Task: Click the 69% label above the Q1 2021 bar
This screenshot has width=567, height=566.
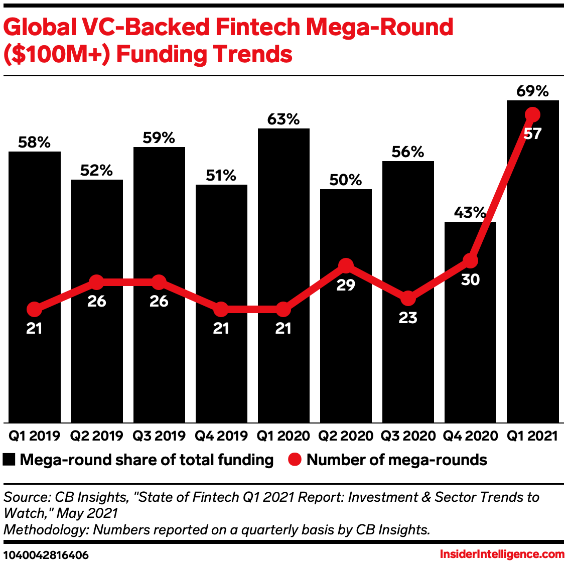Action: (532, 91)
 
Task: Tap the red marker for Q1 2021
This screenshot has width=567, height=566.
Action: (532, 115)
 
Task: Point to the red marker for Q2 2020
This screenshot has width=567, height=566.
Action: (346, 265)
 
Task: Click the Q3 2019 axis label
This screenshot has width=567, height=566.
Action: (159, 436)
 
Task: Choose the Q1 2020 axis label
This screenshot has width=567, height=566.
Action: (283, 436)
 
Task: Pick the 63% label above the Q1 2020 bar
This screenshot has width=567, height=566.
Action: (283, 119)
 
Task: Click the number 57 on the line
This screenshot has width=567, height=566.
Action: (532, 134)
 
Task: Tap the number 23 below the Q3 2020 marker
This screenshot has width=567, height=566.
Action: (408, 318)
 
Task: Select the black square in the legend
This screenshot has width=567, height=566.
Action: (10, 460)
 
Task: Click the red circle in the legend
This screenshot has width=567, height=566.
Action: (295, 460)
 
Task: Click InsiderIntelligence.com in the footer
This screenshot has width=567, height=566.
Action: (502, 554)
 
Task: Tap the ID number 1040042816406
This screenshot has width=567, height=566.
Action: (46, 555)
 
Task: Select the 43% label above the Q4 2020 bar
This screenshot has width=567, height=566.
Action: (470, 213)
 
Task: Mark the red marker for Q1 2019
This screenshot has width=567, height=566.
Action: (34, 310)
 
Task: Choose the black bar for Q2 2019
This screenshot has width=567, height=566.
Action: (96, 301)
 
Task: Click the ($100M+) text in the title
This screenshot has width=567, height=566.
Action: (56, 54)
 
